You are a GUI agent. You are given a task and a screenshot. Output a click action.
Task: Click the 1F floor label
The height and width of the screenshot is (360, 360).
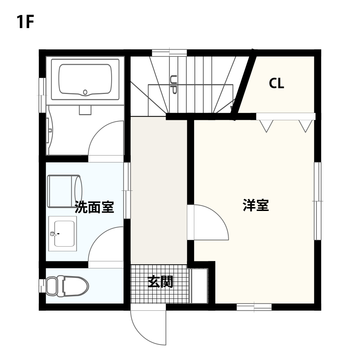(x=25, y=22)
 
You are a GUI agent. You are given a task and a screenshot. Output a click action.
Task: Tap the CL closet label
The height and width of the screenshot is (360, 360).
(x=276, y=83)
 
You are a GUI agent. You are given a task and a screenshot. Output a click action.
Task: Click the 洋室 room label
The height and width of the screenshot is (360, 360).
(x=256, y=205)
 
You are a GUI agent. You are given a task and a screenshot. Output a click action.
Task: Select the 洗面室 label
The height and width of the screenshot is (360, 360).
(x=94, y=207)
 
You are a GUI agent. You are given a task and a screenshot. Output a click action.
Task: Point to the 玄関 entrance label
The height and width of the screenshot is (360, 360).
(x=160, y=282)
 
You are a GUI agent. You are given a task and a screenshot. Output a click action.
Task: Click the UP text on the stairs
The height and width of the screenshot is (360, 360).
(x=174, y=85)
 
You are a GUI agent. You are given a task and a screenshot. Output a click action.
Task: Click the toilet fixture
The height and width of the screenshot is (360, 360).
(x=67, y=286)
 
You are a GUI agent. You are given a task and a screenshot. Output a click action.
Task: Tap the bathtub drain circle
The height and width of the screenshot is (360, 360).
(x=85, y=92)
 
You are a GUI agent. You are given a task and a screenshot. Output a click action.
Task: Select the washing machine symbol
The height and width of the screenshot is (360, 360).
(x=64, y=191)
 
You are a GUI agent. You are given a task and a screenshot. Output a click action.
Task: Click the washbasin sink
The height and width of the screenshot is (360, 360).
(x=63, y=234)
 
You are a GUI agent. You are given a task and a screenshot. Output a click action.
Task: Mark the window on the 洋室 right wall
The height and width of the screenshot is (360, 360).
(x=318, y=201)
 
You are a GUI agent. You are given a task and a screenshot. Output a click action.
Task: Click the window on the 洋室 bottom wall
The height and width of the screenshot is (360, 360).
(x=254, y=307)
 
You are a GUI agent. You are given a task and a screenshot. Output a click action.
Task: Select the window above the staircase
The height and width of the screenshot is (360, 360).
(x=170, y=53)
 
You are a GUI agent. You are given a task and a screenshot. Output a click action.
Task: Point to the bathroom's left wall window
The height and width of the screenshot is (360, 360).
(x=42, y=95)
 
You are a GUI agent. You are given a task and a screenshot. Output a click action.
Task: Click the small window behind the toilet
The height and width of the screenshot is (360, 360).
(x=42, y=286)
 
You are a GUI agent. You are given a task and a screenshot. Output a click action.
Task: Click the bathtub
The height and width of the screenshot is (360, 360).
(x=85, y=80)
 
